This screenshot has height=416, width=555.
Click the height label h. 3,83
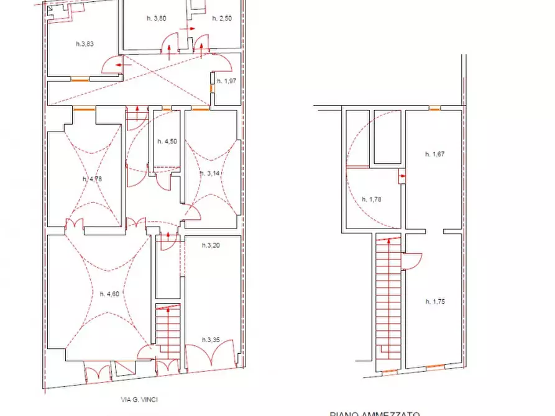84,43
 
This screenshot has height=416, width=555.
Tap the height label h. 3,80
156,19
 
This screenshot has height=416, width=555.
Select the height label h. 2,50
221,19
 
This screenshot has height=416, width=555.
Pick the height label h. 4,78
92,179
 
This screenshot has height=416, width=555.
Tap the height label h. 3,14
210,173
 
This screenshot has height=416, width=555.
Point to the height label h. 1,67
434,154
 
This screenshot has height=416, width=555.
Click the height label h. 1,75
435,302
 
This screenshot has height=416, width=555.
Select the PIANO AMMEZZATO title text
375,413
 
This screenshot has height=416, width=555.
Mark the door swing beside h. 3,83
111,63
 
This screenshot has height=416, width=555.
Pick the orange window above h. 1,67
435,109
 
